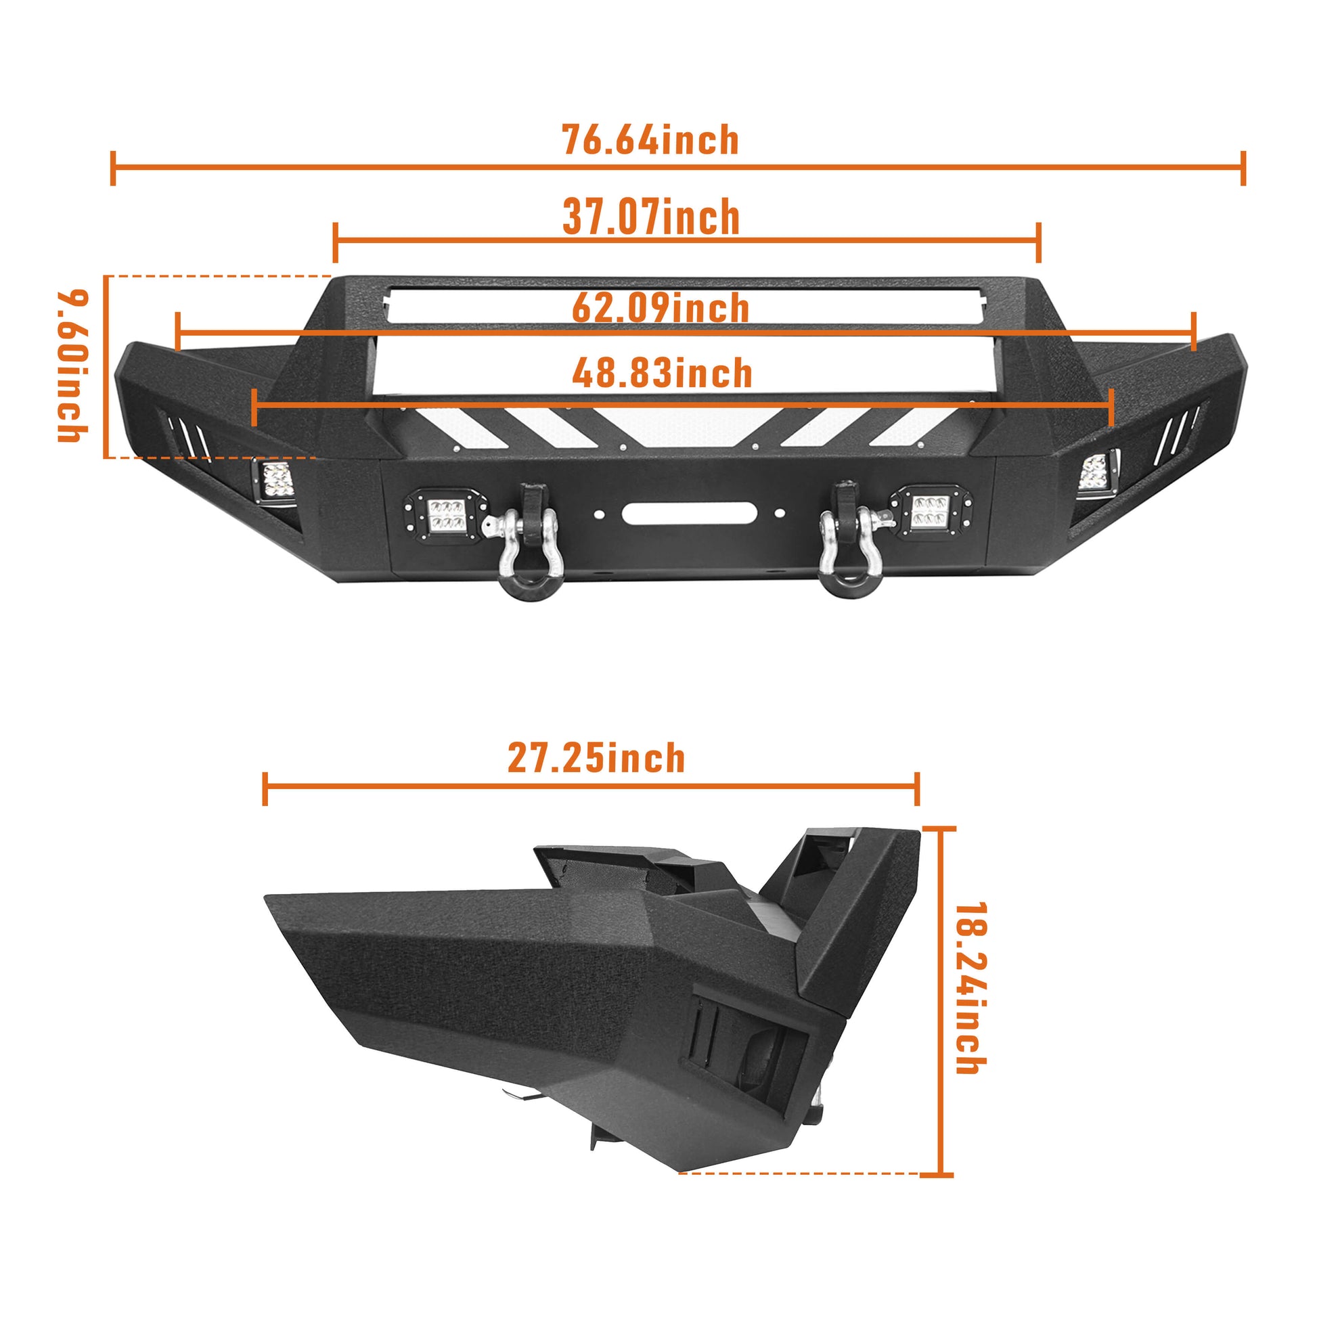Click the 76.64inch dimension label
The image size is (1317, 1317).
(x=650, y=140)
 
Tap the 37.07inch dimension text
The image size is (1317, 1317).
(x=651, y=217)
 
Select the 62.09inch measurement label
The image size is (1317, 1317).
(x=661, y=308)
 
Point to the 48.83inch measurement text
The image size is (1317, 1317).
(x=662, y=374)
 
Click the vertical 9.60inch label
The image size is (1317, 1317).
(x=73, y=366)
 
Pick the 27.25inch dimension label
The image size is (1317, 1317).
(x=596, y=759)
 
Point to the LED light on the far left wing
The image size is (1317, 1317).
(x=275, y=481)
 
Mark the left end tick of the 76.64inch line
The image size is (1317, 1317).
(x=113, y=169)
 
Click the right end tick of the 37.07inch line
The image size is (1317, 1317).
(x=1038, y=242)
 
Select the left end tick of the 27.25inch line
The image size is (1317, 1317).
(x=265, y=789)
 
